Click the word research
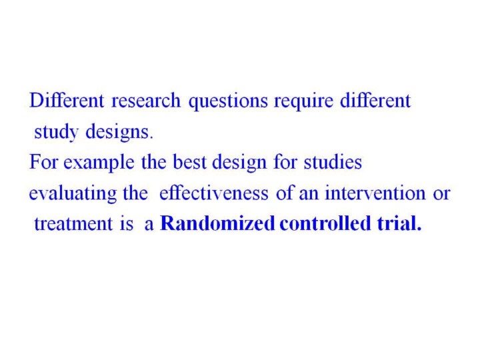(146, 101)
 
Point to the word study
(56, 133)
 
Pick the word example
(99, 163)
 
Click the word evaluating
(73, 194)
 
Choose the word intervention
(375, 193)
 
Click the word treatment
(73, 224)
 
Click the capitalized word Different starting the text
(67, 101)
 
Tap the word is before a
(127, 224)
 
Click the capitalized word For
(43, 162)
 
